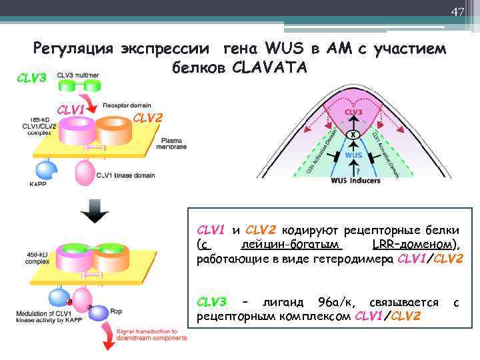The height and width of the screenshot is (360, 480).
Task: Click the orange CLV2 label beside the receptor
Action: (147, 118)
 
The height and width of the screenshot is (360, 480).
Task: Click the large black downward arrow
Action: (93, 213)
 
